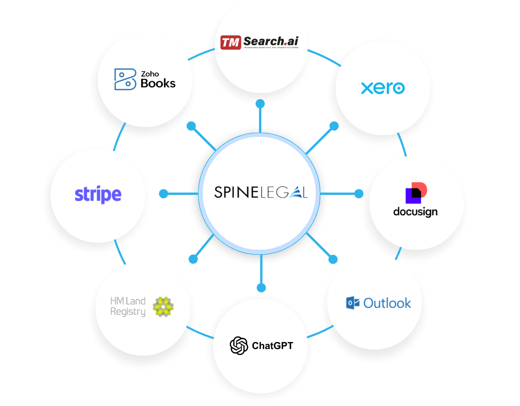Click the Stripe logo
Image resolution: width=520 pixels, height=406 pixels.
(x=98, y=194)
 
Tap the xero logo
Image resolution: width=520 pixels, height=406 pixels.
(x=383, y=88)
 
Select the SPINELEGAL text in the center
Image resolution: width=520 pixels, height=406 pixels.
(x=260, y=192)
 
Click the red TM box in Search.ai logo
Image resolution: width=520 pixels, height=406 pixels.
(x=230, y=43)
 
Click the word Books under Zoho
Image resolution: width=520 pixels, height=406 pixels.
(x=158, y=84)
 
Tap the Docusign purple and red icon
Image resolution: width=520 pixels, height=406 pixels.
(x=416, y=193)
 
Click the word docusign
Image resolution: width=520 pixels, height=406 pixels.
(x=416, y=212)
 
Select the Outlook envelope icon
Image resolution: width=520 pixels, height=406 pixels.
(x=353, y=303)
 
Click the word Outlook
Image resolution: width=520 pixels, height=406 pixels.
(x=387, y=303)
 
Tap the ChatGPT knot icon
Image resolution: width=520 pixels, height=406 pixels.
(x=239, y=345)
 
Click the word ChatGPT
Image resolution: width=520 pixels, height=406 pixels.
(x=273, y=346)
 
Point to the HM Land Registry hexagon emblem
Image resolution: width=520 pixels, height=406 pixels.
(x=163, y=306)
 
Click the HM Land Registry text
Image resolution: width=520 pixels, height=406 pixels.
(x=128, y=306)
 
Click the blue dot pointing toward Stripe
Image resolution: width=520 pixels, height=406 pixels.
(x=163, y=193)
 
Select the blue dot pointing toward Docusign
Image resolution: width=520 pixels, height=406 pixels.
(x=358, y=193)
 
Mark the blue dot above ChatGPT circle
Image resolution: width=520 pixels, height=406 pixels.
(x=261, y=288)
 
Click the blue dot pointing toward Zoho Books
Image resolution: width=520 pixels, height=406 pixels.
(x=190, y=126)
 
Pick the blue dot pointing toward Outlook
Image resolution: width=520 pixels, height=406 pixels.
(x=332, y=259)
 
